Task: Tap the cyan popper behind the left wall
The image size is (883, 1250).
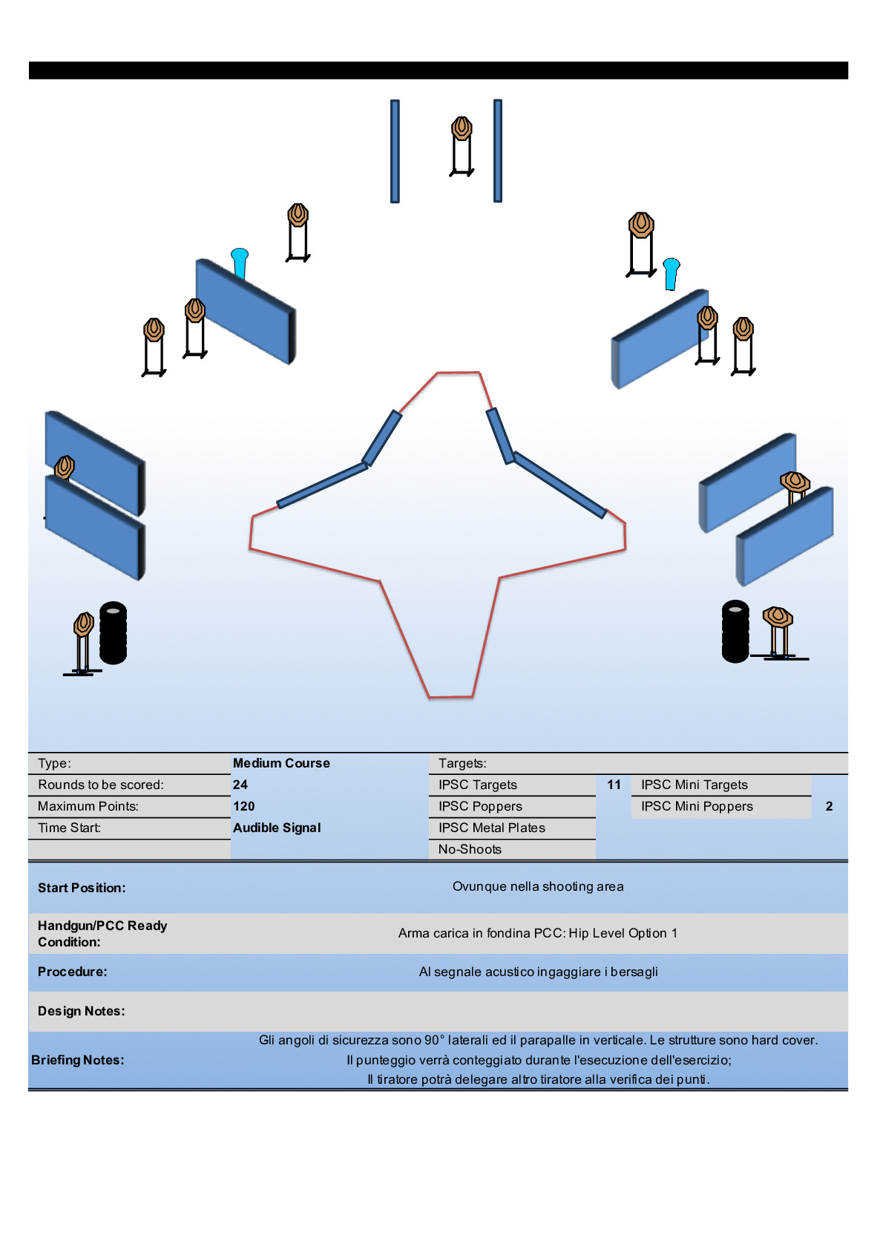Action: (x=240, y=261)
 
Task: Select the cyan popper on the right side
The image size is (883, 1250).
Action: (x=671, y=272)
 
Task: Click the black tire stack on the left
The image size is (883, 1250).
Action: (x=113, y=632)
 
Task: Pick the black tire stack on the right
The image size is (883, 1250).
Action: (x=735, y=631)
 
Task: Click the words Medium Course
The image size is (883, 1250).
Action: (x=281, y=763)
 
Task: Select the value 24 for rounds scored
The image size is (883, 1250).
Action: (x=240, y=785)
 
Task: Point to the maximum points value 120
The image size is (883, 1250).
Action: (x=243, y=806)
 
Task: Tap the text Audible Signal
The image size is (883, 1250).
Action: (x=277, y=828)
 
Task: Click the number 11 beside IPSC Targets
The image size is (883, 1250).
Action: (x=614, y=785)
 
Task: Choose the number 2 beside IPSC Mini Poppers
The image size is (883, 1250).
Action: (x=829, y=806)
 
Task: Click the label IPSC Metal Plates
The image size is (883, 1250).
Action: (x=491, y=828)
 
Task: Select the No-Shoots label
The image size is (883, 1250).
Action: (x=470, y=849)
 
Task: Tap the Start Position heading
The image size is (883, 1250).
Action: (x=82, y=888)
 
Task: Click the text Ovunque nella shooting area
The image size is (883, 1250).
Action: (x=538, y=886)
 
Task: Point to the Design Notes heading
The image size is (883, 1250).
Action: (x=81, y=1011)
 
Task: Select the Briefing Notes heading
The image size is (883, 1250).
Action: (x=78, y=1060)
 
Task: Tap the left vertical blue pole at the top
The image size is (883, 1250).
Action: (x=395, y=151)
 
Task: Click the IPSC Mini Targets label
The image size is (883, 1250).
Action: (x=694, y=785)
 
